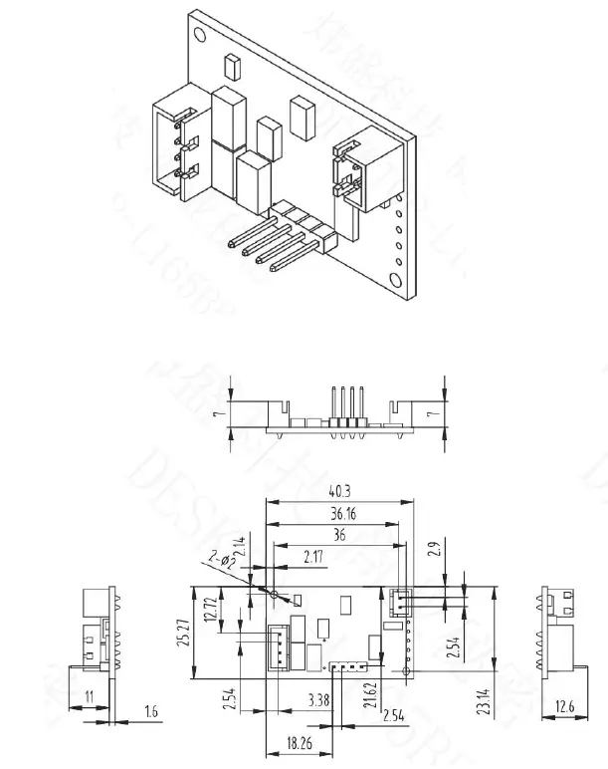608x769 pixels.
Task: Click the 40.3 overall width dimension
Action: tap(339, 490)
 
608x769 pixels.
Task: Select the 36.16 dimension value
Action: tap(341, 514)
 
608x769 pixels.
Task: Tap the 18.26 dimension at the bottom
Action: tap(298, 743)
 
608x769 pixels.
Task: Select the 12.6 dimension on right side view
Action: tap(563, 707)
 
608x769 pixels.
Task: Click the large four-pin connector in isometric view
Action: tap(177, 147)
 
